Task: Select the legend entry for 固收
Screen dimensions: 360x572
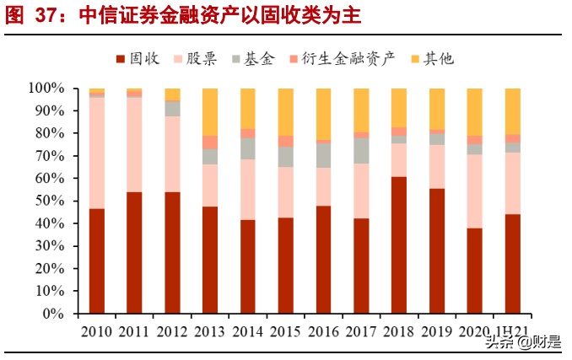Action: coord(138,58)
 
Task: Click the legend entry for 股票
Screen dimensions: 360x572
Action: coord(195,58)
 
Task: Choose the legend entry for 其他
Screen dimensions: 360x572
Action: coord(431,58)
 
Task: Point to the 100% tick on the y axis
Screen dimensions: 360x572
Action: coord(47,88)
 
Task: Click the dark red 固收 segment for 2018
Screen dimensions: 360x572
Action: coord(399,244)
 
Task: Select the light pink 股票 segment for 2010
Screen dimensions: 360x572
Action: coord(97,153)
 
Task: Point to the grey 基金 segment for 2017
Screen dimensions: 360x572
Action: coord(361,150)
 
